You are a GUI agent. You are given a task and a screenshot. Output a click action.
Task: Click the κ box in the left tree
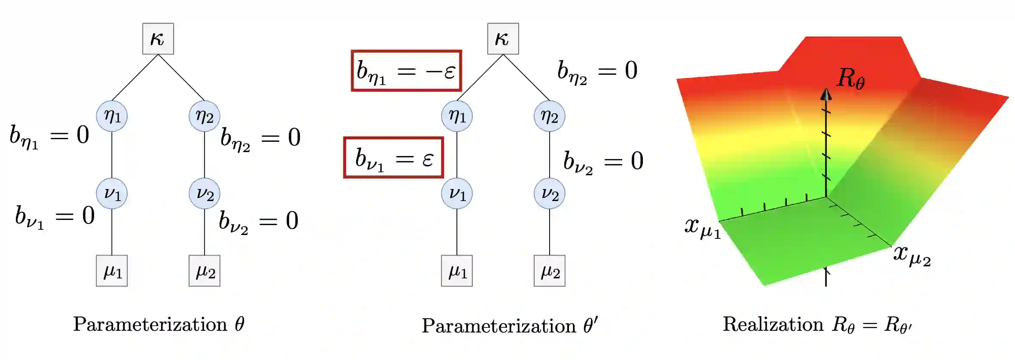(158, 39)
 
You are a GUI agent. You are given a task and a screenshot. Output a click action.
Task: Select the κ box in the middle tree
(503, 39)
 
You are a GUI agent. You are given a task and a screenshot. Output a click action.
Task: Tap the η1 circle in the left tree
(112, 116)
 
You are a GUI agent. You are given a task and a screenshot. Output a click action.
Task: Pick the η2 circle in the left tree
(205, 116)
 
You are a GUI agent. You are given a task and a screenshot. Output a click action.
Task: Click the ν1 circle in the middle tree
(457, 193)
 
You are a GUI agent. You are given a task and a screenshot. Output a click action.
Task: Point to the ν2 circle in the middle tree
(550, 193)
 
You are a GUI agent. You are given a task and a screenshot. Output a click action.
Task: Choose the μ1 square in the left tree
(112, 271)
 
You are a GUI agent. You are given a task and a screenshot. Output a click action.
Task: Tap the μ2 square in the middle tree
(550, 271)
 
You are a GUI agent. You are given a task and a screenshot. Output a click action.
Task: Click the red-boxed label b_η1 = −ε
(407, 71)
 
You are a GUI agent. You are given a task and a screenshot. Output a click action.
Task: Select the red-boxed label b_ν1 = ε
(394, 158)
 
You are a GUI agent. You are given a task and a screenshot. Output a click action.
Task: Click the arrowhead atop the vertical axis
(826, 94)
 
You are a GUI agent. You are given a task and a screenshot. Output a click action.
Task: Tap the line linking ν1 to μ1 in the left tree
(112, 232)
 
